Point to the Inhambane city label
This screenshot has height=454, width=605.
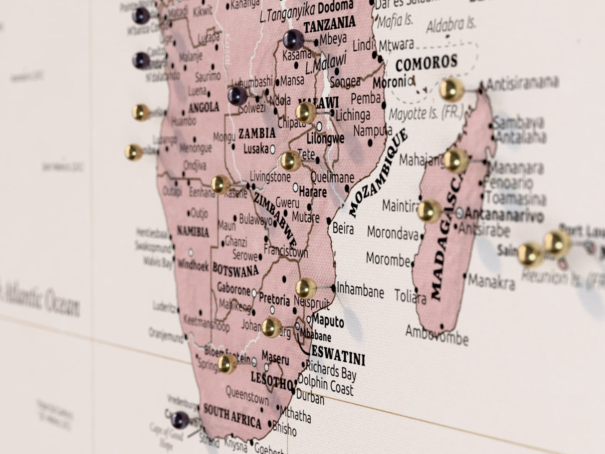click(x=360, y=290)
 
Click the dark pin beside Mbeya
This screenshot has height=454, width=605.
click(x=293, y=40)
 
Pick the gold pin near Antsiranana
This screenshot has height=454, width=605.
click(x=452, y=89)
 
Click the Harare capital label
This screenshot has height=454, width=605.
click(x=313, y=192)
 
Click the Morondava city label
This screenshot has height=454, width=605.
click(x=392, y=233)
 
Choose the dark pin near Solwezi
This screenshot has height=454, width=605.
click(x=237, y=96)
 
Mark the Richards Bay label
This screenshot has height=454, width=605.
click(x=330, y=370)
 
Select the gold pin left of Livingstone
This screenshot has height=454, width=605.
click(x=220, y=184)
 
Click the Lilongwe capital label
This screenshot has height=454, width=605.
click(x=325, y=138)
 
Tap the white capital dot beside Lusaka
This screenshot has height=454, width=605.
click(x=273, y=149)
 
